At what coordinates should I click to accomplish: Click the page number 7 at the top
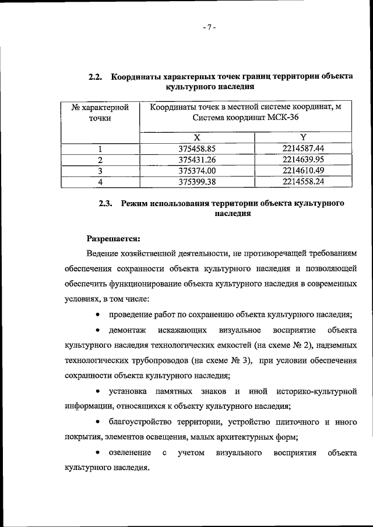(210, 27)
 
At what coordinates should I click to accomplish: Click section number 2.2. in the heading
(96, 77)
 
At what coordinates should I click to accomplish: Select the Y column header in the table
(302, 137)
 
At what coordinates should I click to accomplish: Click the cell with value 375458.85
(197, 148)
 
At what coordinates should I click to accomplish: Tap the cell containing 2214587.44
(302, 148)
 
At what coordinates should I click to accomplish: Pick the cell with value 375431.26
(197, 160)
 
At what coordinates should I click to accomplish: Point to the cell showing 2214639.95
(302, 160)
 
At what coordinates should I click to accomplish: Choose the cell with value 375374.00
(197, 171)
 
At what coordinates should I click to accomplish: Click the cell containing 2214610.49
(302, 171)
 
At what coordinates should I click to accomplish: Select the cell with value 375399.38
(197, 182)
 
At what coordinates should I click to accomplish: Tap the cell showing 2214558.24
(302, 182)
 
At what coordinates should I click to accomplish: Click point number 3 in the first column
(100, 171)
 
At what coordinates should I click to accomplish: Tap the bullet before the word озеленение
(96, 452)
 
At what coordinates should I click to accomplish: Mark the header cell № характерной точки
(100, 113)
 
